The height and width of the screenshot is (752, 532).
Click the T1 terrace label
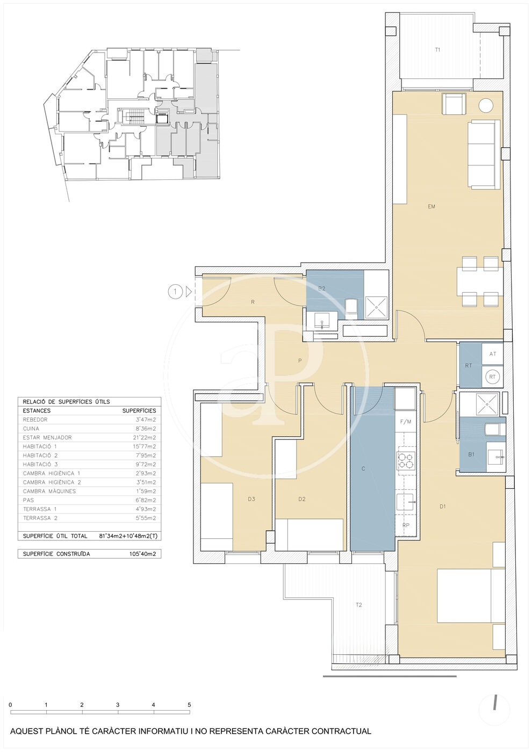(437, 49)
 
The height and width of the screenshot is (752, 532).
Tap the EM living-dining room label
(432, 206)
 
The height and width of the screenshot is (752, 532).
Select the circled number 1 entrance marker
(175, 292)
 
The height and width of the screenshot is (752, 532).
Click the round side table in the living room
(485, 105)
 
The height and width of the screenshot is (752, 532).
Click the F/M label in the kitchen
(406, 422)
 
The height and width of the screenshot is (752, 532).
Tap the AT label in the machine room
(493, 354)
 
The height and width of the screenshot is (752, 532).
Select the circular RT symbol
(492, 377)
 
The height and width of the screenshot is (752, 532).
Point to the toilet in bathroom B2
(351, 307)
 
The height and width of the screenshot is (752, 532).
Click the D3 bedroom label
(251, 499)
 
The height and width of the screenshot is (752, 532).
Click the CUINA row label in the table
(31, 429)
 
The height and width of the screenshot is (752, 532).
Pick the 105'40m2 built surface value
(143, 554)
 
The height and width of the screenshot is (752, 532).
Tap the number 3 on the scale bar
(118, 705)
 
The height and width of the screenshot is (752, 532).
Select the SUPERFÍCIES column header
(139, 410)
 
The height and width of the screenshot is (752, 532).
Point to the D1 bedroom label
(443, 507)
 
